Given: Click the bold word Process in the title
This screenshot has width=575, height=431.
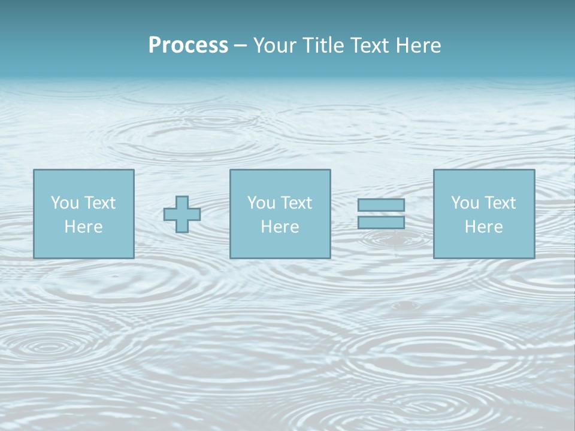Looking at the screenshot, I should tap(188, 45).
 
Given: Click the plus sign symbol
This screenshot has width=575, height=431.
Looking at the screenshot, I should tap(182, 214).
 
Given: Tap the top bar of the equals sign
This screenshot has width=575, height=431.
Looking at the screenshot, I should tap(381, 205).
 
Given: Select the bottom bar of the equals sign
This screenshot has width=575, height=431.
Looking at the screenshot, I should tap(381, 222).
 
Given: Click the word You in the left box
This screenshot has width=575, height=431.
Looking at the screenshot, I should tap(65, 203).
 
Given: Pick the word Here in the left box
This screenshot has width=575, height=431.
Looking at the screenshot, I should tap(83, 227).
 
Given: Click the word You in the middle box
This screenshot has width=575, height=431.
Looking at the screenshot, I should tap(261, 203).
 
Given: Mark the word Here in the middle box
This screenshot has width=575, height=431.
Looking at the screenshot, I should tap(280, 227).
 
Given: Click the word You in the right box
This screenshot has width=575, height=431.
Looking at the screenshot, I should tap(465, 203).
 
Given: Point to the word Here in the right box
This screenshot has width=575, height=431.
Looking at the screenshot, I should tap(483, 227).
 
